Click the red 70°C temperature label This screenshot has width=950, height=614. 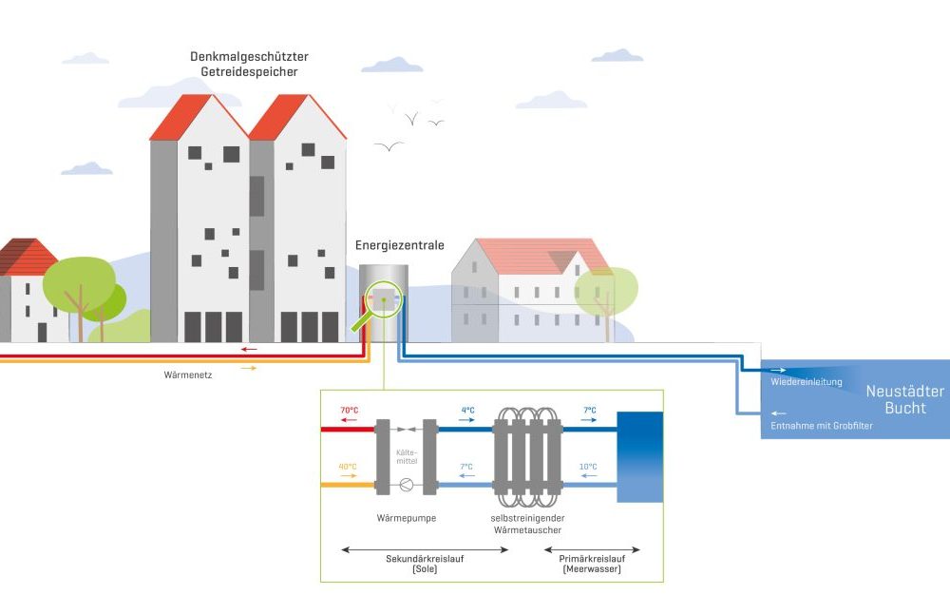click(x=350, y=410)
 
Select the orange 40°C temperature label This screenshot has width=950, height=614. click(x=349, y=467)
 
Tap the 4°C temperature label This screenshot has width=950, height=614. click(x=466, y=410)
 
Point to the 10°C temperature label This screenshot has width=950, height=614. click(x=589, y=467)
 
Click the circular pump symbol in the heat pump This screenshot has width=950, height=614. click(x=407, y=484)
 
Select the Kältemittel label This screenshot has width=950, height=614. click(x=407, y=455)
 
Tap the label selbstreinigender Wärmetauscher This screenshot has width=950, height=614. click(x=527, y=524)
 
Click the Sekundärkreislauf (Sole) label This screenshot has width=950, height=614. click(x=424, y=562)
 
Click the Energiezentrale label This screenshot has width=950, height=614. click(x=399, y=245)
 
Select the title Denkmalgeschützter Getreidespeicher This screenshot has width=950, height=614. click(x=249, y=64)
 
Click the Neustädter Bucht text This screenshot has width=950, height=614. click(x=904, y=399)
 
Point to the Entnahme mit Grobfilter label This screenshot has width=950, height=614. click(x=822, y=425)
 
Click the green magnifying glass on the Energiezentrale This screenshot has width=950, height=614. click(x=382, y=302)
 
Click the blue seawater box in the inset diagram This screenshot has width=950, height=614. click(x=639, y=456)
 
